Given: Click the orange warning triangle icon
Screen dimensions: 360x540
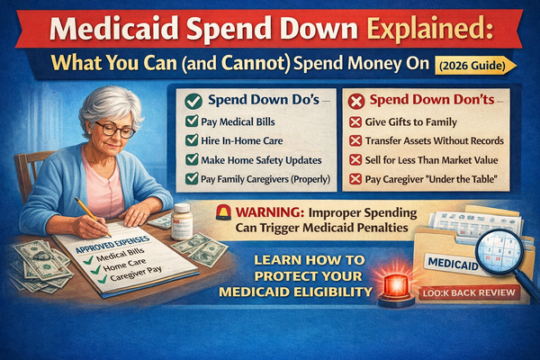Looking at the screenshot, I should [225, 212].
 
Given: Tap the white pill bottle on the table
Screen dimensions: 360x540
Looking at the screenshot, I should [184, 220].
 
